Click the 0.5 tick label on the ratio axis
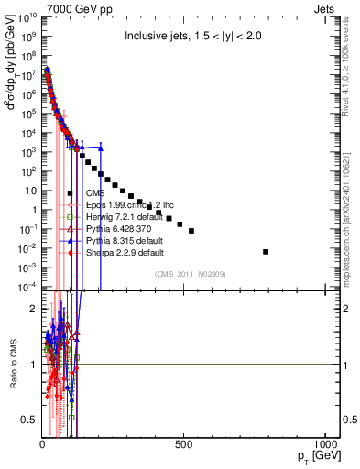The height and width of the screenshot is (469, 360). click(28, 420)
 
